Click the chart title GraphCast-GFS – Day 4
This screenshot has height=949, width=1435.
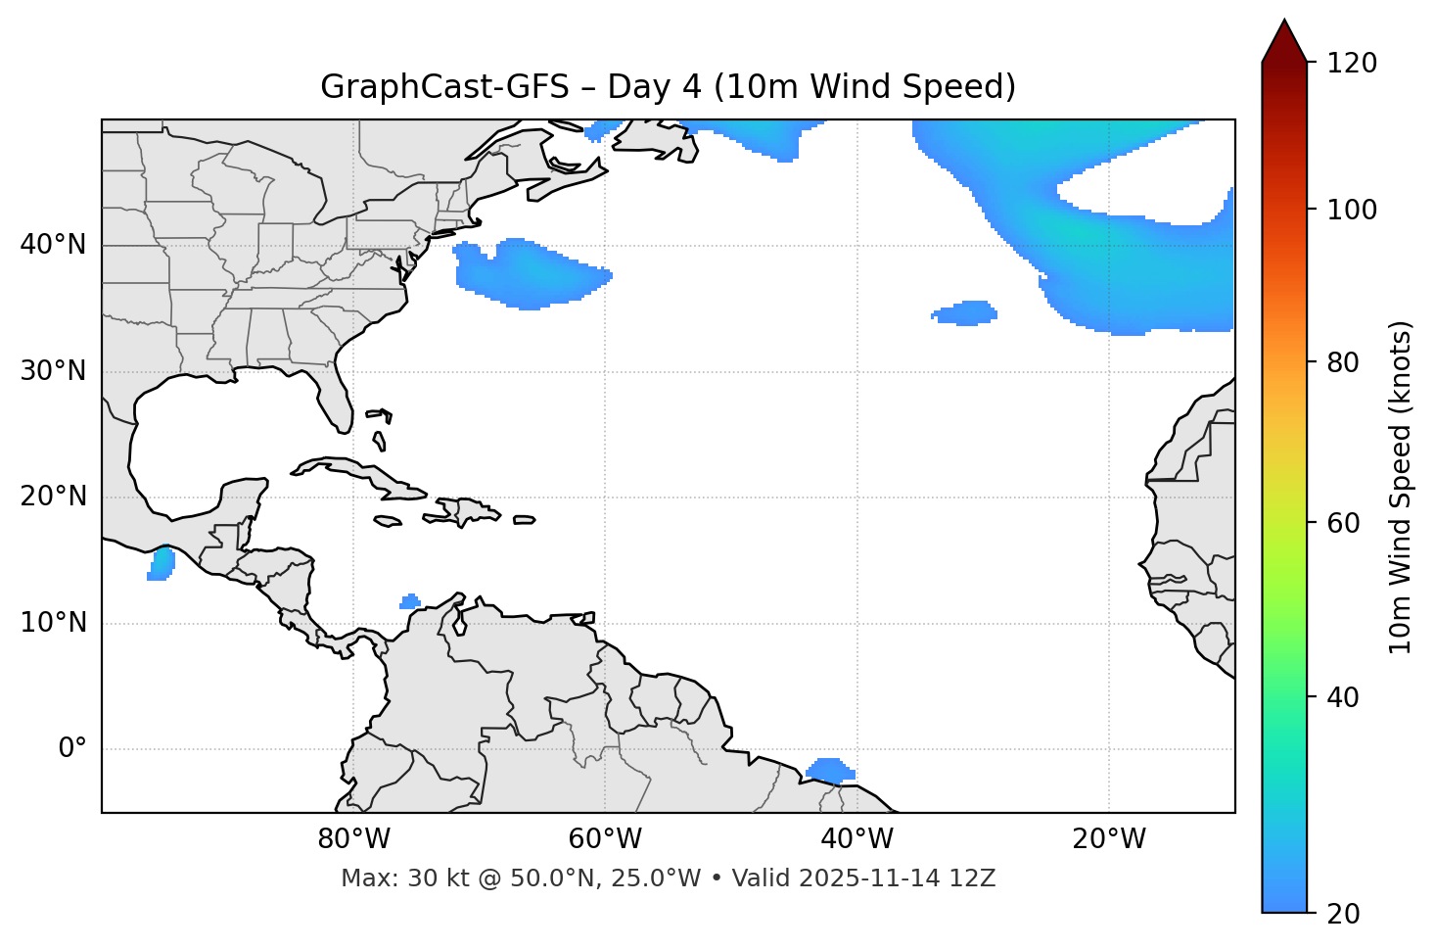[668, 87]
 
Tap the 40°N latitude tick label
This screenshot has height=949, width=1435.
[53, 245]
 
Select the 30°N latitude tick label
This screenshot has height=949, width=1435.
[53, 371]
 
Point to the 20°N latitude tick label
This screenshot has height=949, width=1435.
[53, 497]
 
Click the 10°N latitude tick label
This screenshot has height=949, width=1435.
[53, 623]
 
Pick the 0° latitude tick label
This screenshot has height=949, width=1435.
[72, 749]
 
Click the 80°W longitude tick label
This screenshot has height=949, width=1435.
[353, 839]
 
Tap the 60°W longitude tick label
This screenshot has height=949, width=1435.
[605, 839]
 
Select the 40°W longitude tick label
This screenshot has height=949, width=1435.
[856, 839]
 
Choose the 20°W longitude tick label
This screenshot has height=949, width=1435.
[1108, 839]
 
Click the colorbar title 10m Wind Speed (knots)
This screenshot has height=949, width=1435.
[1401, 487]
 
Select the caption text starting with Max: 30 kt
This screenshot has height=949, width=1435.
[668, 878]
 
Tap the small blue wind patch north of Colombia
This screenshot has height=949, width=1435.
[410, 601]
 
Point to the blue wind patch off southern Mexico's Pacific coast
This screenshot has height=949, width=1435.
[161, 564]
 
